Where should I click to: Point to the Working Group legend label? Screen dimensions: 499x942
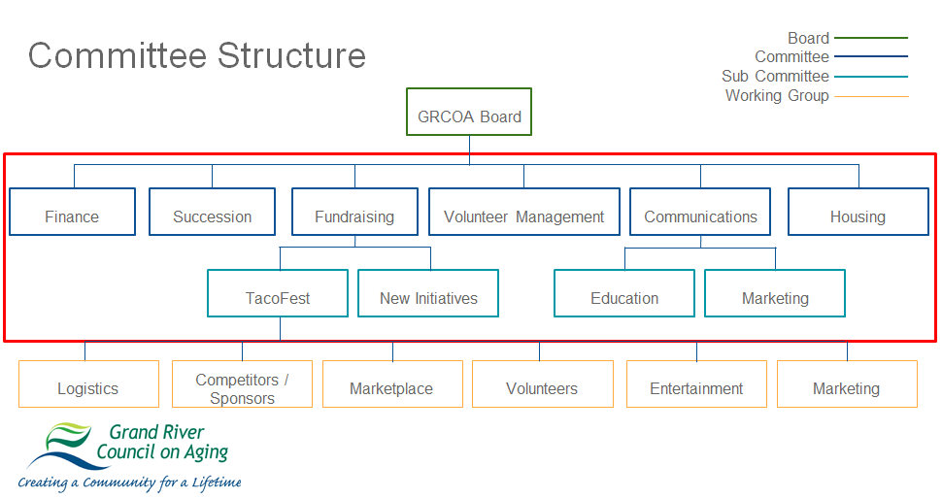(x=777, y=95)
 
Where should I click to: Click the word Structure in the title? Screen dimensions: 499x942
(x=291, y=55)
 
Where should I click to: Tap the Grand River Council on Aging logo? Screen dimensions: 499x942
(x=130, y=454)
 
